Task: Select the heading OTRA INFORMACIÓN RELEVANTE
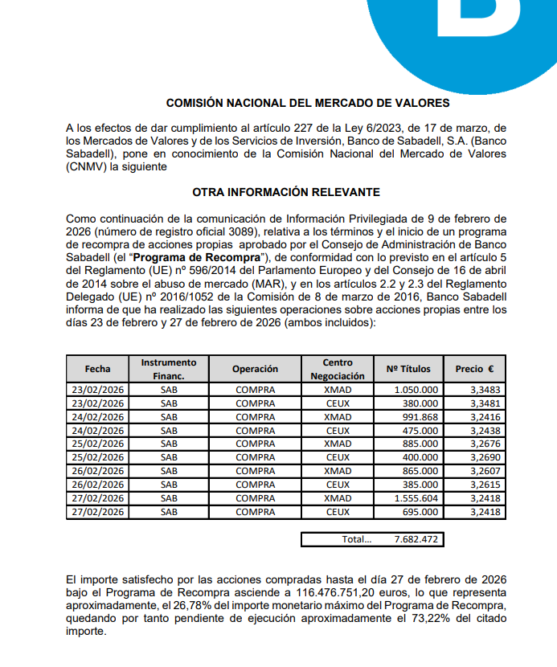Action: click(x=285, y=192)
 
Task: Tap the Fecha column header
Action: click(x=97, y=369)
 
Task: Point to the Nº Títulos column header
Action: click(x=408, y=369)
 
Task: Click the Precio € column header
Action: click(x=474, y=369)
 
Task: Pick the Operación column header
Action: click(x=255, y=369)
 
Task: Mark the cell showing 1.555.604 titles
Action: click(x=417, y=498)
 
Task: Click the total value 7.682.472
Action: click(x=416, y=539)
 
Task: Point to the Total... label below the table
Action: click(x=356, y=539)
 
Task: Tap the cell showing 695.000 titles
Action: click(x=422, y=511)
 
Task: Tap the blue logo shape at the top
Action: click(x=458, y=24)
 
